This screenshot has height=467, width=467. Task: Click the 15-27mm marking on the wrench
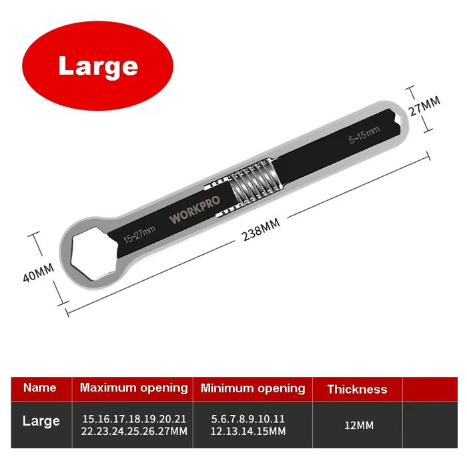pyautogui.click(x=139, y=233)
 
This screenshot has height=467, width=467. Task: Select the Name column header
pyautogui.click(x=39, y=388)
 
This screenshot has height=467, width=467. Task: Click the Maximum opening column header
pyautogui.click(x=134, y=388)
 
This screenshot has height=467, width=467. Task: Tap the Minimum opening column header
pyautogui.click(x=253, y=388)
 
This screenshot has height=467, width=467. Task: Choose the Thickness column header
pyautogui.click(x=357, y=389)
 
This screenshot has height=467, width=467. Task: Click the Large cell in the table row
pyautogui.click(x=41, y=421)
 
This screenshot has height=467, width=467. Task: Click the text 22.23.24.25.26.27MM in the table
pyautogui.click(x=134, y=432)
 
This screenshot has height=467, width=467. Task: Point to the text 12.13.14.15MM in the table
pyautogui.click(x=248, y=432)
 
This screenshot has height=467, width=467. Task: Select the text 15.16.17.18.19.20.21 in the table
pyautogui.click(x=134, y=418)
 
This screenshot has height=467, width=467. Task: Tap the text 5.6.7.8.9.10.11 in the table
pyautogui.click(x=248, y=418)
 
